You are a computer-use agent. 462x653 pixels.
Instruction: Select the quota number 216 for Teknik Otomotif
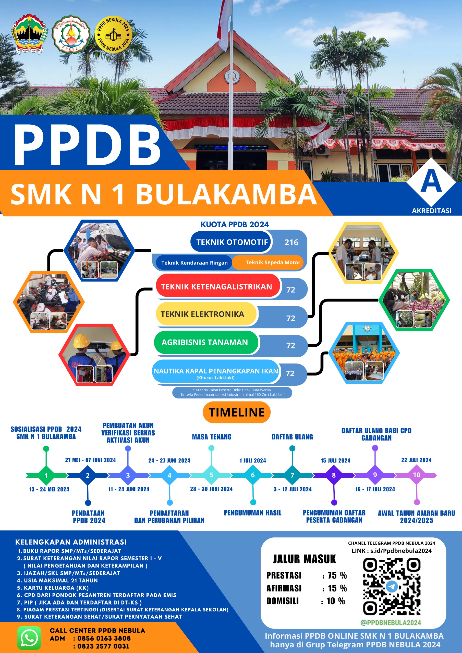point(291,242)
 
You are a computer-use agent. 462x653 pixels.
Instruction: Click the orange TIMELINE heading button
point(237,412)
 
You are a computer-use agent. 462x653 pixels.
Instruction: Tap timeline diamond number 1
point(46,475)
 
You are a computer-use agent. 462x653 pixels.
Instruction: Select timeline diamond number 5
point(211,475)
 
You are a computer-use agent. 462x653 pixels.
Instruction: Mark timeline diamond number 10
point(417,475)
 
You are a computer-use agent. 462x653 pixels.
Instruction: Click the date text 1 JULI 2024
point(252,460)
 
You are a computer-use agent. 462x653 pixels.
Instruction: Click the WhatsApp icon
point(29,638)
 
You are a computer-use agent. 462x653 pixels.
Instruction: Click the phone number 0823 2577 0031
point(103,646)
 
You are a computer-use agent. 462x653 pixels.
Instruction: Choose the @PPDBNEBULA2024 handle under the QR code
point(391,623)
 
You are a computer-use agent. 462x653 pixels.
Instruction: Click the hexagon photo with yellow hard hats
point(94,355)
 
